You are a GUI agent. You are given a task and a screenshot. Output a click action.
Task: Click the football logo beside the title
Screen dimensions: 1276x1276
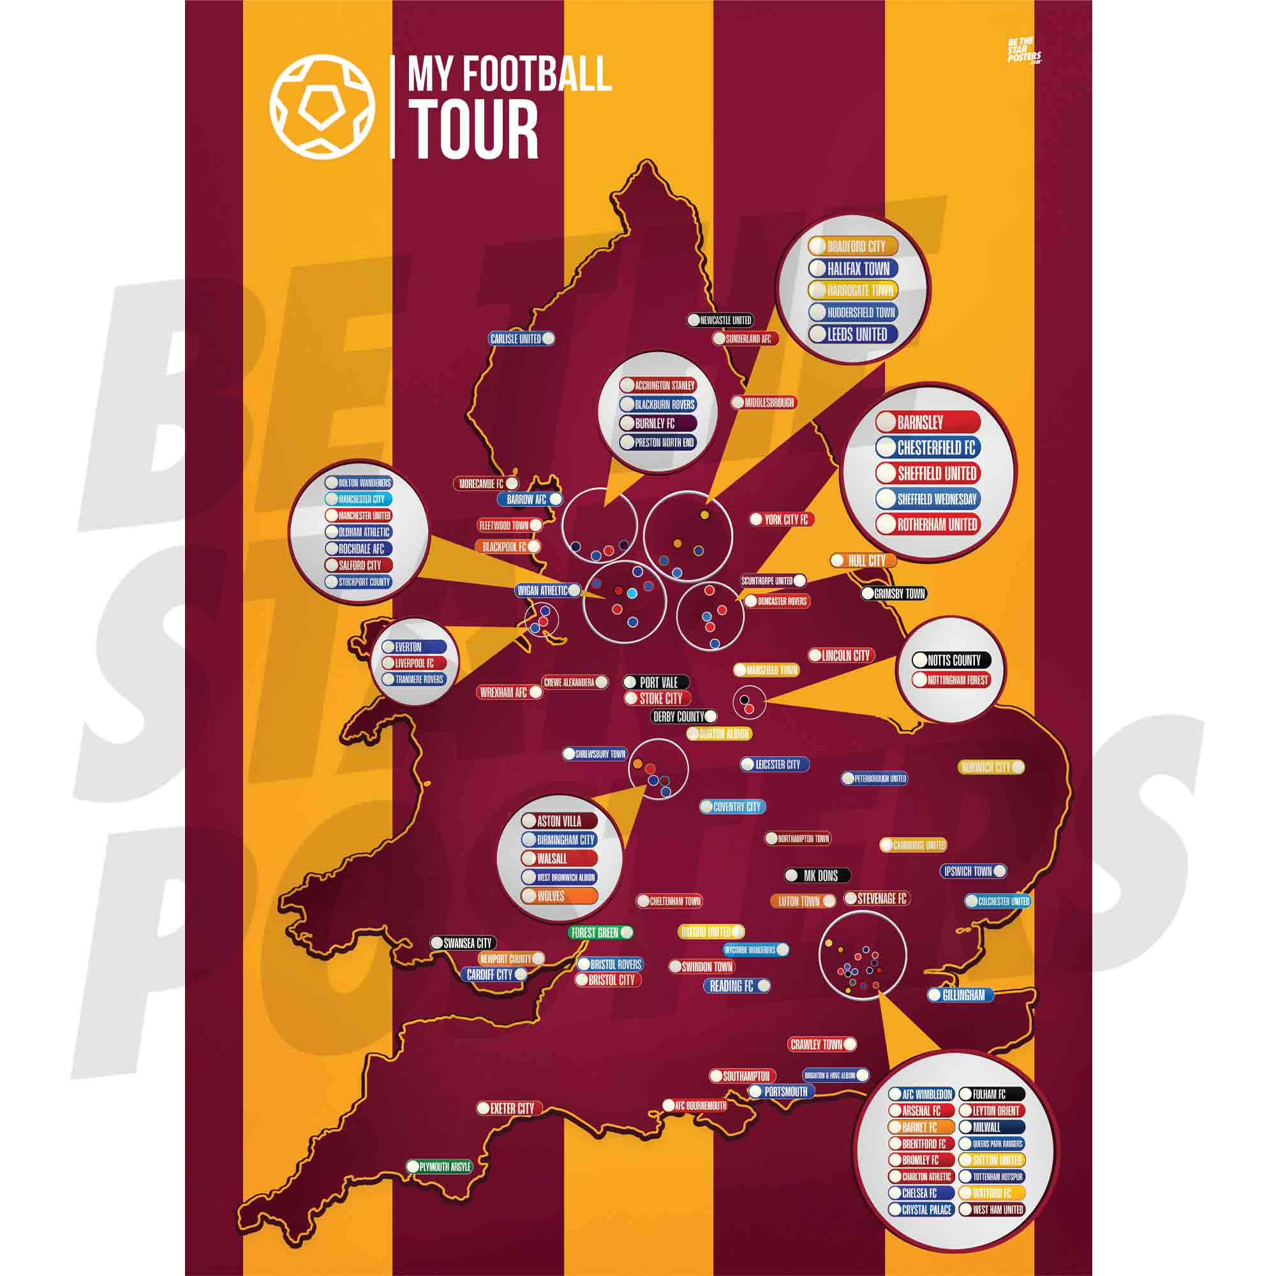[322, 107]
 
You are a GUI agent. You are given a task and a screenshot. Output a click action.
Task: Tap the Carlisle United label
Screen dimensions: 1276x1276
[521, 339]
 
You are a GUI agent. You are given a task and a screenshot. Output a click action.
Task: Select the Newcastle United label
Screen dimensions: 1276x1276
[720, 320]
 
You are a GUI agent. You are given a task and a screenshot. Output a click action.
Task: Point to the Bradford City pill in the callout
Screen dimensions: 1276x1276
[853, 246]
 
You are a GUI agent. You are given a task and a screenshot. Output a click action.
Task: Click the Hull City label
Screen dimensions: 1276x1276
[863, 561]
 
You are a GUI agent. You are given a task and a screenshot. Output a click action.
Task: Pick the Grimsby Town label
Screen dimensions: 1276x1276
[894, 594]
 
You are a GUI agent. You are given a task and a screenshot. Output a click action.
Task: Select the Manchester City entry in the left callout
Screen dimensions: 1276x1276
[359, 500]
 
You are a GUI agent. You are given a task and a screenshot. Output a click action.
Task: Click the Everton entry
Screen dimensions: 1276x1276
[414, 647]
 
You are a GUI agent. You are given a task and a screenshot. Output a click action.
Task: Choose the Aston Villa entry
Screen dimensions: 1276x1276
[559, 821]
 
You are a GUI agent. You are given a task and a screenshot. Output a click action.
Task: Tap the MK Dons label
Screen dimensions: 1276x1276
[817, 876]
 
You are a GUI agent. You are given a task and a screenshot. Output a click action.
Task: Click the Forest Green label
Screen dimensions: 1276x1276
[600, 933]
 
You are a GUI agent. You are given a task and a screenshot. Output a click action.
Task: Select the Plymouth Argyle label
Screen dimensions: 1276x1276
[439, 1167]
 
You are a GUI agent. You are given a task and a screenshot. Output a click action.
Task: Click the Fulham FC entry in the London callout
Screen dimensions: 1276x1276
[992, 1094]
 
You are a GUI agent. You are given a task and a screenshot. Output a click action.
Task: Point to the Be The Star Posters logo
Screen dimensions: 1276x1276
[1023, 50]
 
